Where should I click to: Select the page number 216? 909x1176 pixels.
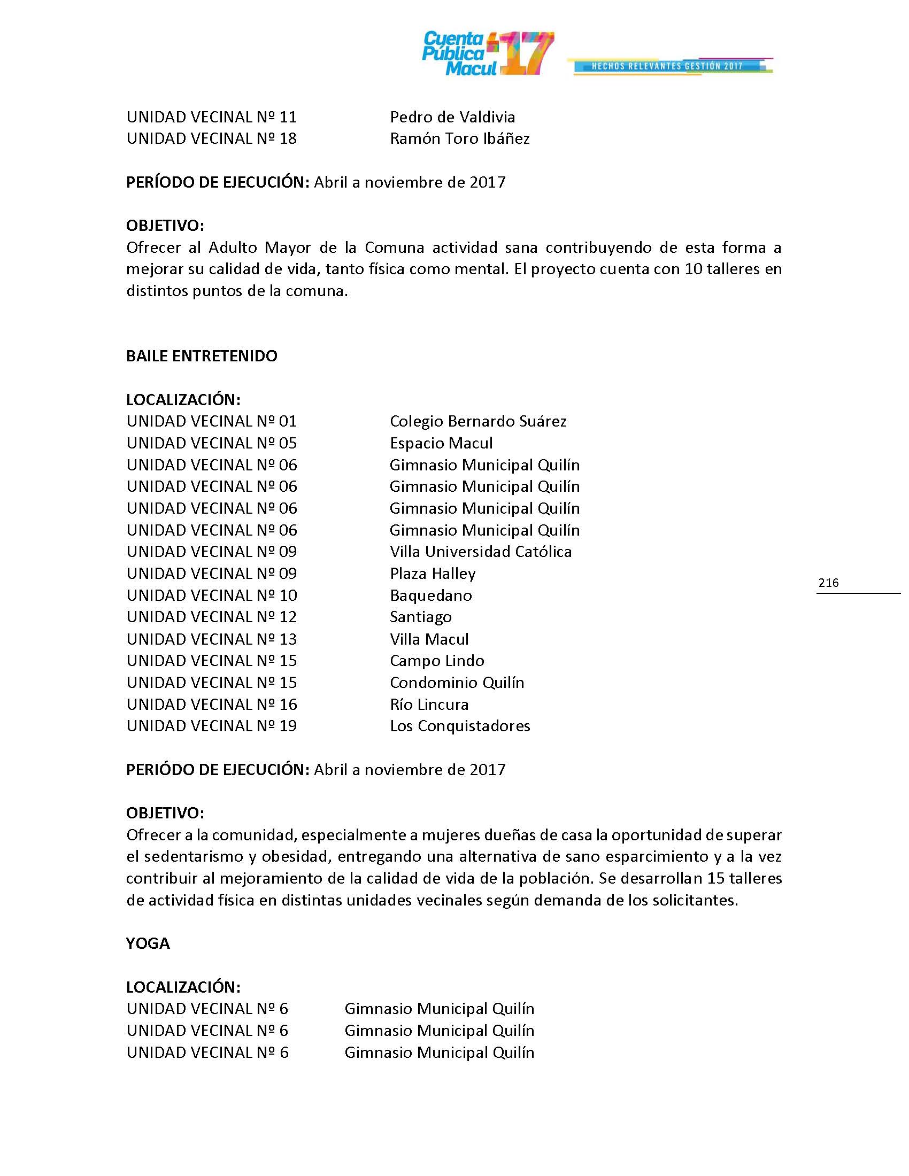(828, 582)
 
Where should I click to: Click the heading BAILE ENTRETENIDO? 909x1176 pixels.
(202, 356)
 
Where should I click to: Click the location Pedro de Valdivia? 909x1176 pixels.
(452, 117)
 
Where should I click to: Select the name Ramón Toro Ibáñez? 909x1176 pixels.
(459, 138)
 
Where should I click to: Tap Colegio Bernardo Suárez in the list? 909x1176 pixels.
(477, 421)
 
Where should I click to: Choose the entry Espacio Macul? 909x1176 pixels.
(441, 443)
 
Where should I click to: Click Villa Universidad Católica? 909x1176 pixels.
(480, 552)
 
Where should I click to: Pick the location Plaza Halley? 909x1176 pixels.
(433, 574)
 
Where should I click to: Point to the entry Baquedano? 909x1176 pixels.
(431, 595)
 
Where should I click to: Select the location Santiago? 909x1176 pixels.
(421, 617)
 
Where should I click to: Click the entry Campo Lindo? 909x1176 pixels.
(437, 661)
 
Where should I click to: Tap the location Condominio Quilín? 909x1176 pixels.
(457, 682)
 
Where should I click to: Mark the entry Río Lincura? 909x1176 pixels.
(429, 705)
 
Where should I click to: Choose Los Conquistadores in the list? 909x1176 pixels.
(460, 726)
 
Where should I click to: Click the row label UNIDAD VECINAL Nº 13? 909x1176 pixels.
(212, 639)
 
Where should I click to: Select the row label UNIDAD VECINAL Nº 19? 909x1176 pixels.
(212, 726)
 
